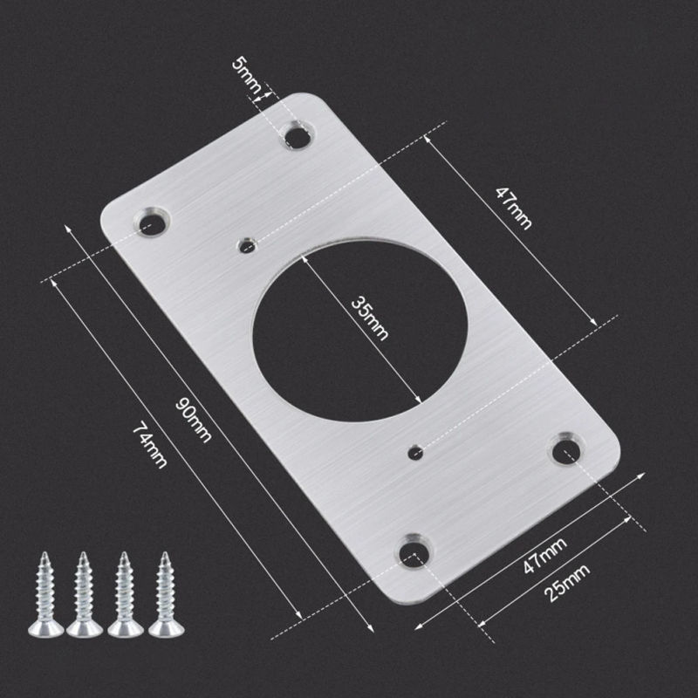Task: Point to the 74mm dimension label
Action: (x=148, y=444)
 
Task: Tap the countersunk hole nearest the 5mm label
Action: (x=298, y=135)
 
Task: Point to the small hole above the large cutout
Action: (x=248, y=245)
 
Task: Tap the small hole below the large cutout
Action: (x=416, y=451)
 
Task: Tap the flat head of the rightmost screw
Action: (x=165, y=626)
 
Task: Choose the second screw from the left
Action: (x=85, y=593)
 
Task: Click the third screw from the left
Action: (x=125, y=593)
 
